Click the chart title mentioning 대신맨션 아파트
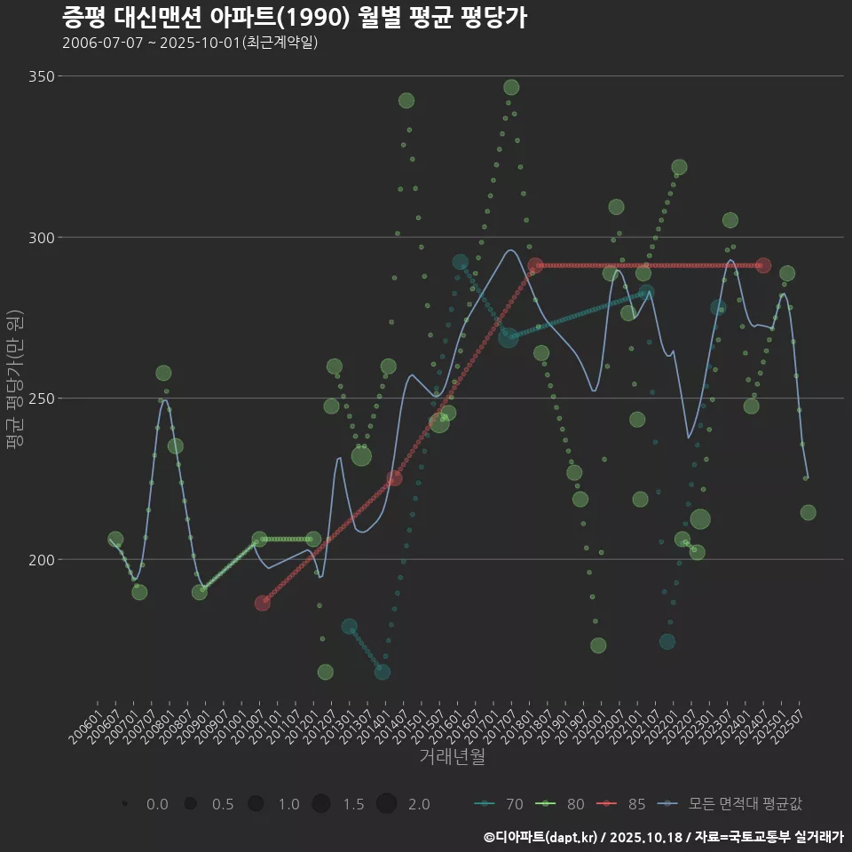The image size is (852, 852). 295,17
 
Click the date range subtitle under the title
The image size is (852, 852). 190,43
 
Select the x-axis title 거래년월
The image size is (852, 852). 452,757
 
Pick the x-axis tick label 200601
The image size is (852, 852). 85,724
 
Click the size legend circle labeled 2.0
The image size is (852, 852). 386,804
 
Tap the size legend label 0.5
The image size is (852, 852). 223,804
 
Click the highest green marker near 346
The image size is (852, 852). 511,87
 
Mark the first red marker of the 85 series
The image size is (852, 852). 263,603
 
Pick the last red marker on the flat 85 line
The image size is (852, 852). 763,265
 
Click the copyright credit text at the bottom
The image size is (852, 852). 663,836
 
